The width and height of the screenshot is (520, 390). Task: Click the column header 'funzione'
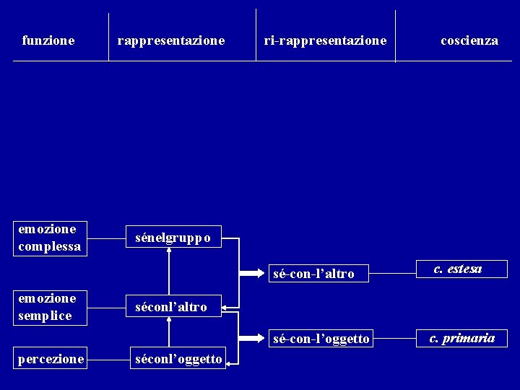(48, 41)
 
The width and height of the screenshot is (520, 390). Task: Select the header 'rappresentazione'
(171, 41)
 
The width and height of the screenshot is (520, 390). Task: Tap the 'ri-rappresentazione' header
(325, 41)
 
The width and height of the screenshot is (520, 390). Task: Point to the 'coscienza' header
(469, 41)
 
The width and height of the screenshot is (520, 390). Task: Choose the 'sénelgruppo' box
(173, 238)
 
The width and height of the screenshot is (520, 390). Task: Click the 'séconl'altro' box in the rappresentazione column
(171, 307)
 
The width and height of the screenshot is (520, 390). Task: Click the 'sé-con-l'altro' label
(313, 274)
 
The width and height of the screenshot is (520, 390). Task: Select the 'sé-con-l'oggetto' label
(321, 339)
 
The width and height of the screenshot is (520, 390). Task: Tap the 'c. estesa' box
(459, 270)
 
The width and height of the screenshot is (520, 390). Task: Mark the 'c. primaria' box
(462, 338)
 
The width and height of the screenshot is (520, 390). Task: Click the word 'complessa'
(49, 246)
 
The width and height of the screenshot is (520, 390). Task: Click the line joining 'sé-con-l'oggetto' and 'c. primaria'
(396, 338)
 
